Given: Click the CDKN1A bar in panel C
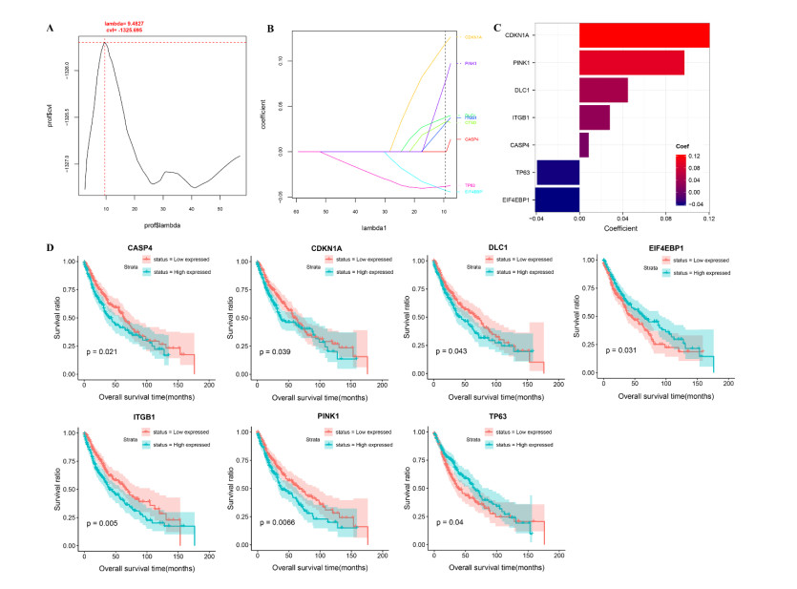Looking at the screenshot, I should (x=643, y=35).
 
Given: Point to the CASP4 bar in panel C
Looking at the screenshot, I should (x=584, y=145).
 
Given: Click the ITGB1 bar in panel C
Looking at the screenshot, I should (x=595, y=117).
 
